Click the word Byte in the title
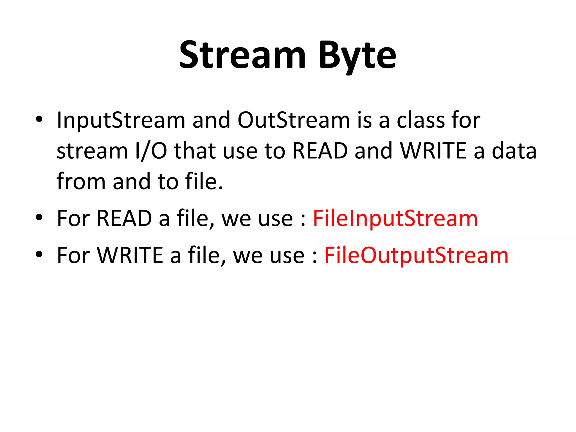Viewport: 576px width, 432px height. (x=357, y=55)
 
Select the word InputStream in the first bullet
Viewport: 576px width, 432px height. (x=121, y=120)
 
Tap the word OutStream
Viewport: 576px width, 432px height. (x=294, y=120)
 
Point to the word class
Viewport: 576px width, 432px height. (x=420, y=120)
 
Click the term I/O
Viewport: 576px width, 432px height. (x=151, y=151)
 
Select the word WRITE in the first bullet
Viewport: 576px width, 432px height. (x=433, y=151)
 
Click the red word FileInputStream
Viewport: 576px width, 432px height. (x=395, y=219)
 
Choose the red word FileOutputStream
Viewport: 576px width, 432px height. (x=416, y=255)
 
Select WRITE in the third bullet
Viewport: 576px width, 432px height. (x=130, y=255)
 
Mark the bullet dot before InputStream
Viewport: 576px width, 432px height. (x=39, y=119)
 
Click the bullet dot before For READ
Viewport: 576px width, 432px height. (x=39, y=217)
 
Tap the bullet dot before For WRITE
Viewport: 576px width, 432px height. (x=39, y=254)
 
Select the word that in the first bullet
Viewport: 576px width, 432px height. (x=195, y=151)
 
